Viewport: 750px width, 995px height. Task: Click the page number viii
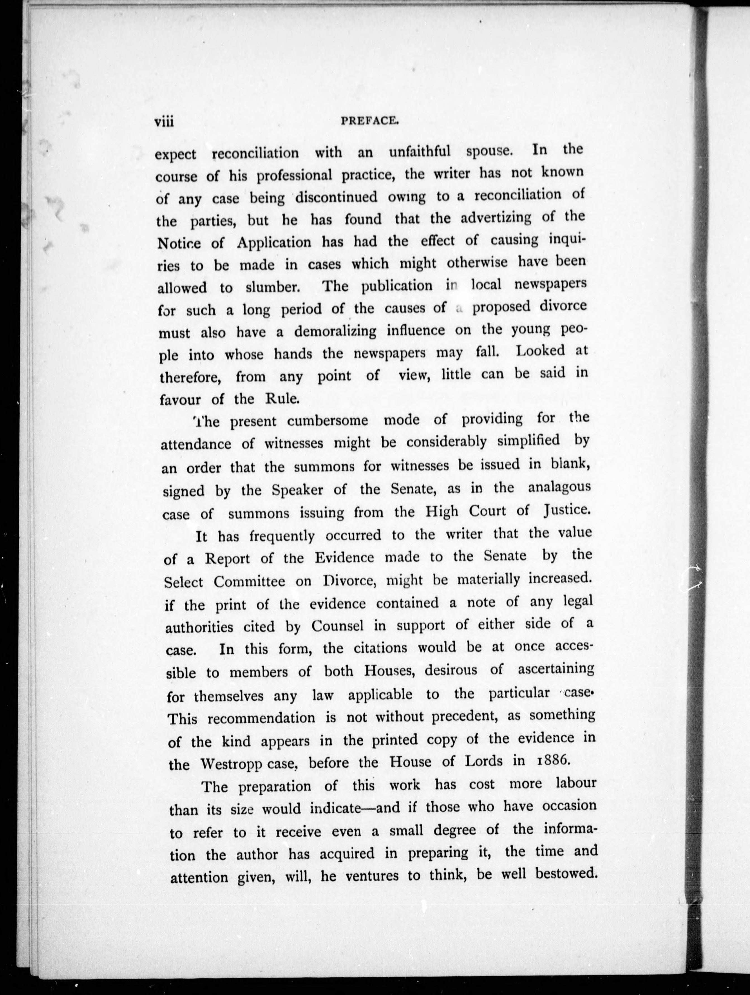164,122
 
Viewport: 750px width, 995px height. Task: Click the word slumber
272,287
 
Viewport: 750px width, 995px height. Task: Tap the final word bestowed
566,873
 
